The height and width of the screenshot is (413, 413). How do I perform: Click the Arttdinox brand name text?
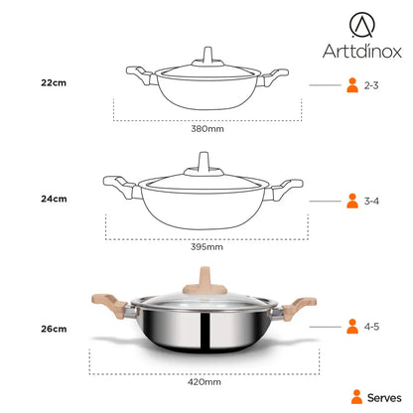[362, 51]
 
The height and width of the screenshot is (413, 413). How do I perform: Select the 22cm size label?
[54, 82]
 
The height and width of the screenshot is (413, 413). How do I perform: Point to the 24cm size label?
[54, 199]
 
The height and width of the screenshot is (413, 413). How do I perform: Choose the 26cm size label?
[54, 329]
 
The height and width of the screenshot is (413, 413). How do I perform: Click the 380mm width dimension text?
[207, 129]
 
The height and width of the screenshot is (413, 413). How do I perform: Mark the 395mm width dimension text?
[206, 247]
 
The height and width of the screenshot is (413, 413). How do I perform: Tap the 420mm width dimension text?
[205, 382]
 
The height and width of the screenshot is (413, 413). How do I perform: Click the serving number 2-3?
[371, 85]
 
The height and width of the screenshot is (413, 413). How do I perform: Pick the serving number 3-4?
[371, 201]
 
